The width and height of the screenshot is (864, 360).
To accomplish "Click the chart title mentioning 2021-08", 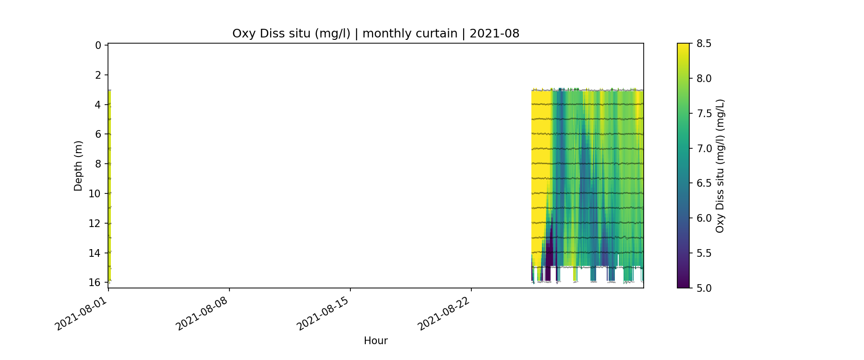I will pyautogui.click(x=375, y=34).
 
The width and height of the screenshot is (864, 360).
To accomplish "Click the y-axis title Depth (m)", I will pyautogui.click(x=78, y=166).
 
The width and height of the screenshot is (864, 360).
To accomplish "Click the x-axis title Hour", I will pyautogui.click(x=375, y=341).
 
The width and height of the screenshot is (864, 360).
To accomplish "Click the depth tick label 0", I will pyautogui.click(x=98, y=46).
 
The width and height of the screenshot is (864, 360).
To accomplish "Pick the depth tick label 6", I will pyautogui.click(x=98, y=134).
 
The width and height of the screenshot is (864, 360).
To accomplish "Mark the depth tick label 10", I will pyautogui.click(x=95, y=193).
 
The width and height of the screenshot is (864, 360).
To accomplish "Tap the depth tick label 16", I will pyautogui.click(x=95, y=282).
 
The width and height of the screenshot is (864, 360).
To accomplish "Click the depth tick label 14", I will pyautogui.click(x=95, y=253).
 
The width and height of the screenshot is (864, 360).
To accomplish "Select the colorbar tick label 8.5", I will pyautogui.click(x=704, y=44).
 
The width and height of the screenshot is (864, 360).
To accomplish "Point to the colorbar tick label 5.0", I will pyautogui.click(x=704, y=288).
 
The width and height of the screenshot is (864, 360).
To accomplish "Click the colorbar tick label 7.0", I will pyautogui.click(x=704, y=148).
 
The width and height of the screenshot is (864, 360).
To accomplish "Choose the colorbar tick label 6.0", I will pyautogui.click(x=704, y=218).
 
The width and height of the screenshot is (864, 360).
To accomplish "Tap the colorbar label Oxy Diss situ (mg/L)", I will pyautogui.click(x=720, y=166).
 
